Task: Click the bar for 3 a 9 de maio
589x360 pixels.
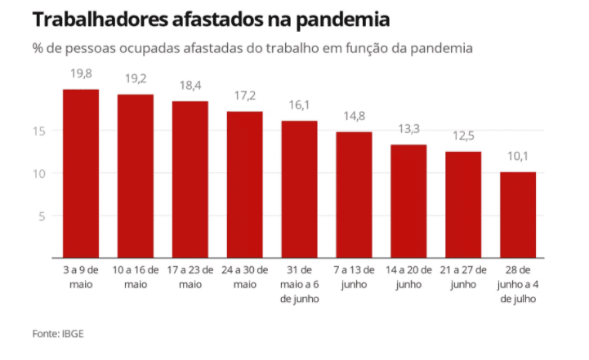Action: coord(81,173)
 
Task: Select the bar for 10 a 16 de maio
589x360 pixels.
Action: coord(136,176)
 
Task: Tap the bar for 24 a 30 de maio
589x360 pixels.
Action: coord(244,184)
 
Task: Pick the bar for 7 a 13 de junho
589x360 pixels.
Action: coord(354,194)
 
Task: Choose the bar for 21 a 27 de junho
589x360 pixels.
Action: coord(463,204)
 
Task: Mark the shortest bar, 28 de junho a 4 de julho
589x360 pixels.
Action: coord(518,215)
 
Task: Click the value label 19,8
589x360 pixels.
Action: coord(81,74)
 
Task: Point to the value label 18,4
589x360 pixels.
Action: coord(190,86)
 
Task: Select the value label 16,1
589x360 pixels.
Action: coord(299,106)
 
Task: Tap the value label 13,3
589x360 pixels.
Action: coord(408,130)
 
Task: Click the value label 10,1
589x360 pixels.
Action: coord(518,157)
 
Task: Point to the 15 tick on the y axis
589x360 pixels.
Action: coord(38,131)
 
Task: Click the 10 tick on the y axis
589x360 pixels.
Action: coord(38,173)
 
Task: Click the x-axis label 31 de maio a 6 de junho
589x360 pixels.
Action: coord(299,282)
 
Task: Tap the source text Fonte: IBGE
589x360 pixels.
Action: coord(58,333)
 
